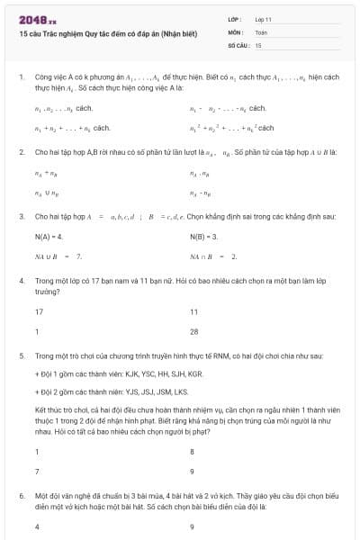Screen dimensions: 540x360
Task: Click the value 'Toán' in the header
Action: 259,31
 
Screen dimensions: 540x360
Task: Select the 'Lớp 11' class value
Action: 262,18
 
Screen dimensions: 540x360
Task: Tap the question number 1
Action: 21,77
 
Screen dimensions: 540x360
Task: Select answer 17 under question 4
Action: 39,311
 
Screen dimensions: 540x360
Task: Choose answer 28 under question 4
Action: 193,331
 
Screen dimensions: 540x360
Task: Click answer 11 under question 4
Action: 193,311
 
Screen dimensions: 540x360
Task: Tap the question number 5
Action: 21,356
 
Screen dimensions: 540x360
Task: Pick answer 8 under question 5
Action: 192,451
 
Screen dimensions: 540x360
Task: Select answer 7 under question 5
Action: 37,471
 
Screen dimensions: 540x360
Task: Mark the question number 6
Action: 21,496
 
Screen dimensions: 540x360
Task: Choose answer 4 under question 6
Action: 37,526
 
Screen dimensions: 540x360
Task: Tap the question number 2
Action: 21,153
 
